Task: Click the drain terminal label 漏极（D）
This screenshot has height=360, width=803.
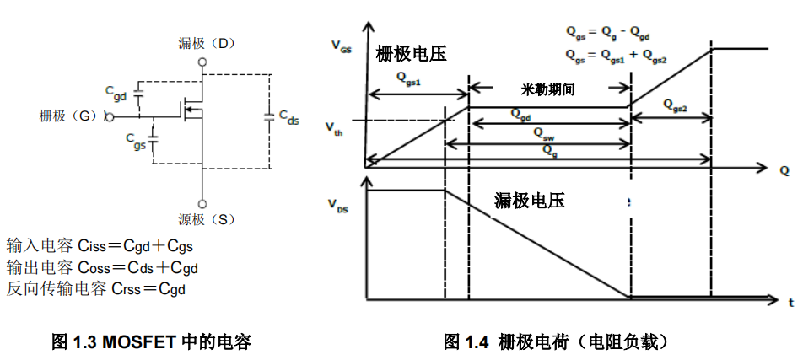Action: pyautogui.click(x=202, y=43)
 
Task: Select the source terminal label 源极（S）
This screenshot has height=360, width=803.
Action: pyautogui.click(x=202, y=220)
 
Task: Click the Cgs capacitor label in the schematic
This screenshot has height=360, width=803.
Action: pyautogui.click(x=135, y=140)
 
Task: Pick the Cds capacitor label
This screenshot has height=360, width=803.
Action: pyautogui.click(x=288, y=117)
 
